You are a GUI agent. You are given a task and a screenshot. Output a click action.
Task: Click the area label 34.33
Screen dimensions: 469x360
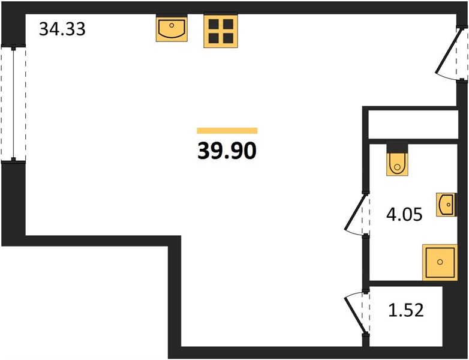(62, 29)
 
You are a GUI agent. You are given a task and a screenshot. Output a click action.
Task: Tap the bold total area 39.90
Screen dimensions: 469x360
(227, 151)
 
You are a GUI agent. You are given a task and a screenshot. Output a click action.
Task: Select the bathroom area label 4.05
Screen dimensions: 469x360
(404, 214)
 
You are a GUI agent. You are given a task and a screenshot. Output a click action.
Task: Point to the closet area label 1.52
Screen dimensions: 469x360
(406, 310)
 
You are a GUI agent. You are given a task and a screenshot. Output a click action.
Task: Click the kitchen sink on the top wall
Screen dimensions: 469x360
(172, 29)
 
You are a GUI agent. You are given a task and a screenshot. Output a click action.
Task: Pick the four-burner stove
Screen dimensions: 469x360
(221, 31)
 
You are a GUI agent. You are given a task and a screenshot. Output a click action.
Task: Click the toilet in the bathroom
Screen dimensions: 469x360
(397, 164)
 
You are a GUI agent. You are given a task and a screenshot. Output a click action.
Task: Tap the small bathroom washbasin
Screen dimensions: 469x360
(446, 205)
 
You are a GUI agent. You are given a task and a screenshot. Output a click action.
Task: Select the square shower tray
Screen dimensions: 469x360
(440, 262)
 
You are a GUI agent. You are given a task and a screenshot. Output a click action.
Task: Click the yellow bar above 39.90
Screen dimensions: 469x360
(227, 130)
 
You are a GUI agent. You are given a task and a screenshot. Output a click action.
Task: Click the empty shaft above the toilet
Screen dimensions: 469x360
(413, 124)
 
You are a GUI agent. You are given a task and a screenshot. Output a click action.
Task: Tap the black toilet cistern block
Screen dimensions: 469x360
(397, 148)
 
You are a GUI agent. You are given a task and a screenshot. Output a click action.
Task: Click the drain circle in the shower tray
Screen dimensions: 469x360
(440, 262)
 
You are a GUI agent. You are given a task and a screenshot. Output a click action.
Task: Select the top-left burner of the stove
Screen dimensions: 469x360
(214, 23)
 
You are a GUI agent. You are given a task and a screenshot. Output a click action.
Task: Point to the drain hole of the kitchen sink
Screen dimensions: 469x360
(172, 25)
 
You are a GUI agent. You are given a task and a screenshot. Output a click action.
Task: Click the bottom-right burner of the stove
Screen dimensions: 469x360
(229, 38)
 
